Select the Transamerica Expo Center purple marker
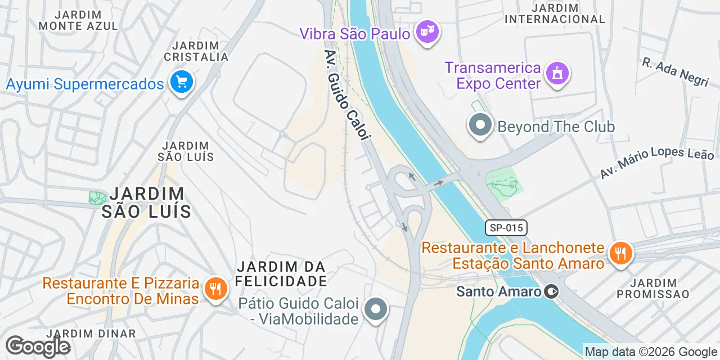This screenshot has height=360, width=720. (557, 74)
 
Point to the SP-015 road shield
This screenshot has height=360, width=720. (506, 228)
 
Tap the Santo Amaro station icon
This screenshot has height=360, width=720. (552, 291)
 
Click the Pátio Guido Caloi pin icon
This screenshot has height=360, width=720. (375, 309)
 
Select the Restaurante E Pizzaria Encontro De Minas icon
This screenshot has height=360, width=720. (214, 289)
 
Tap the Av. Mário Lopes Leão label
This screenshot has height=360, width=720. (656, 161)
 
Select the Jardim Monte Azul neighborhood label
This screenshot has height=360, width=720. (78, 20)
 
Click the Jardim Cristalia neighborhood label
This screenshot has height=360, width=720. (196, 51)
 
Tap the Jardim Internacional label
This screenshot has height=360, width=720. (555, 13)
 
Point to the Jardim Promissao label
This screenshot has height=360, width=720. (652, 288)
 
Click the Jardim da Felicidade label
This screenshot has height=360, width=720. (281, 273)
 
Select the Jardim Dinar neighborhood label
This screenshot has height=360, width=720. (91, 333)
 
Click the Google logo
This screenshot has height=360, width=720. (38, 346)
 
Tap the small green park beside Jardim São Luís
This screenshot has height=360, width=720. (97, 197)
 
